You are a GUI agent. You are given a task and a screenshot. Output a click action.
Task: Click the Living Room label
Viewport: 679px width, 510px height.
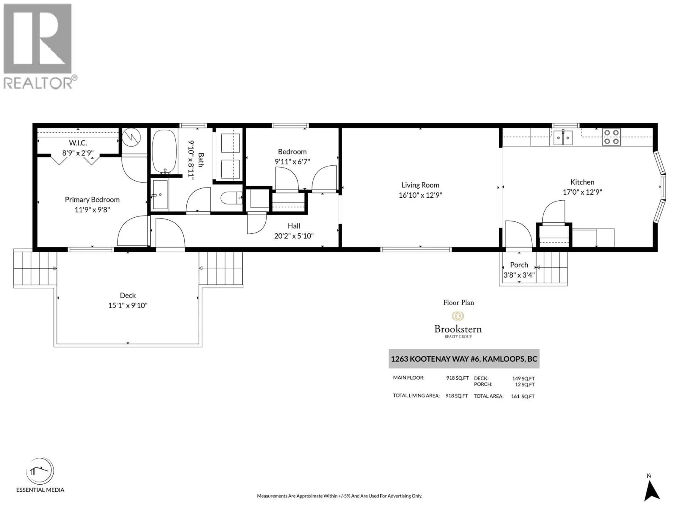click(420, 185)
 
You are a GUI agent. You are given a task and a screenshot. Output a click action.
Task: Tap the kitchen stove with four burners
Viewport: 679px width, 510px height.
click(611, 137)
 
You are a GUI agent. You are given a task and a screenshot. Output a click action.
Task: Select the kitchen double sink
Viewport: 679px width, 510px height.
click(563, 137)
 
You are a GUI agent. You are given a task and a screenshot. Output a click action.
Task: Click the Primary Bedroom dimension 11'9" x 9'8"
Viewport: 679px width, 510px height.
click(92, 210)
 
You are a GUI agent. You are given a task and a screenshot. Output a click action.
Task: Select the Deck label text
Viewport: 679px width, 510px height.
click(128, 295)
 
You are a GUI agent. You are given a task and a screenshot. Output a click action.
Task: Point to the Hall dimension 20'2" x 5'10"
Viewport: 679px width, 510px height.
click(294, 236)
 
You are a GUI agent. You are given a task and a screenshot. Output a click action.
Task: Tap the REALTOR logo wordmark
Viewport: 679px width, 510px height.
click(38, 83)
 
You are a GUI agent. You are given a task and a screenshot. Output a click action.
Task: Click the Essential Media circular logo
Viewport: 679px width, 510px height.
click(40, 471)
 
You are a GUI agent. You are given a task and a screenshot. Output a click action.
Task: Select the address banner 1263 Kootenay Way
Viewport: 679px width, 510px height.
click(464, 359)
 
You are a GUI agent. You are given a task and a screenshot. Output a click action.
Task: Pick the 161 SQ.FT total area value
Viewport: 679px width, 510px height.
click(523, 396)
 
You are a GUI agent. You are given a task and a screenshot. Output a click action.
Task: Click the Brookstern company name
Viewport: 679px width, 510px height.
click(458, 329)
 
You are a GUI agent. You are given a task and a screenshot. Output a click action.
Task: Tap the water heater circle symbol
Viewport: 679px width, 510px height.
click(131, 137)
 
